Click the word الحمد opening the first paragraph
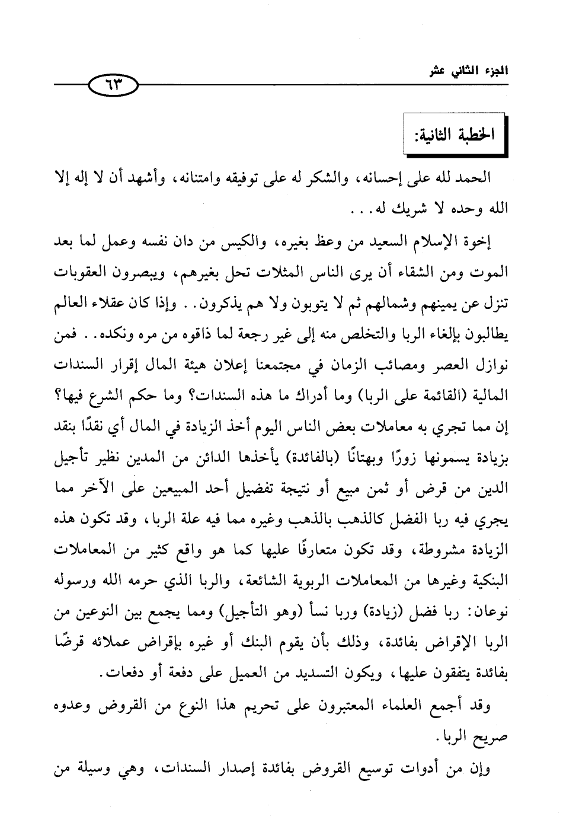tap(474, 177)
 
